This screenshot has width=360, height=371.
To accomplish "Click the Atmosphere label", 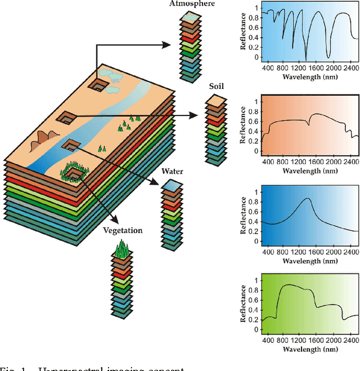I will pos(192,4).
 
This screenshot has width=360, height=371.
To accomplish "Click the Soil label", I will pos(216,87).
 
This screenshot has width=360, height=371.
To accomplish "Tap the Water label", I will pos(172,171).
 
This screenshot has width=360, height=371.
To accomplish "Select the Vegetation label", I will pos(123,230).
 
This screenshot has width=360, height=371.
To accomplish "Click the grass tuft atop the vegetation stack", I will pos(121,249).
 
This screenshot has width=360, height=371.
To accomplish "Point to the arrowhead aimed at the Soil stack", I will pos(194,116).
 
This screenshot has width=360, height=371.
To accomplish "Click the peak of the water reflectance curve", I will pos(307,198).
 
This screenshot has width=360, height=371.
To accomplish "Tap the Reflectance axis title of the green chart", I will pos(244,305).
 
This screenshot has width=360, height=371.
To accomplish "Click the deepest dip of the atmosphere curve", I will pos(306,60).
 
